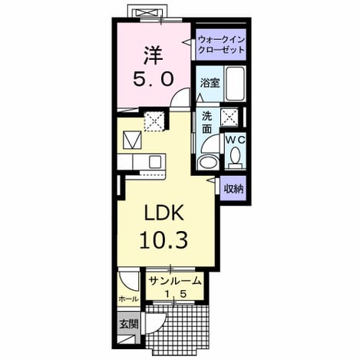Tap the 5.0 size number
pos(154,78)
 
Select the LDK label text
pos(164,213)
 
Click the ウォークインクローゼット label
pos(221,45)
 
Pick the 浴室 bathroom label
pos(210,83)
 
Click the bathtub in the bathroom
pos(235,84)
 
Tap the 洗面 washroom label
pos(206,123)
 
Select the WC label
pos(236,140)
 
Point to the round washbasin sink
pos(208,162)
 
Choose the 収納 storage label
pos(233,189)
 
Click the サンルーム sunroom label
pos(174,281)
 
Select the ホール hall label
pos(129,299)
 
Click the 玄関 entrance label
pos(129,324)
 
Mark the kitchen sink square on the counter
pos(155,162)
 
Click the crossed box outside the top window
pos(146,13)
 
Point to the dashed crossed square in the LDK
pos(154,121)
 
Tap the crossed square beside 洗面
pos(230,117)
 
